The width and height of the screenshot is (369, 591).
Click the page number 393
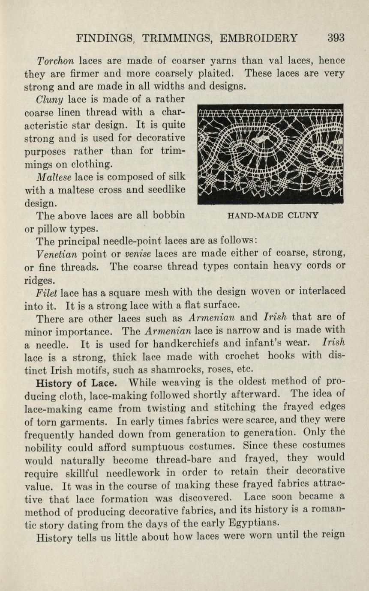click(336, 38)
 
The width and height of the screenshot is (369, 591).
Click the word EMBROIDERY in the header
click(258, 38)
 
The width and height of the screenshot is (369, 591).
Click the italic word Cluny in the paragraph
click(50, 99)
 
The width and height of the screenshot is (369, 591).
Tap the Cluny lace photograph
click(270, 154)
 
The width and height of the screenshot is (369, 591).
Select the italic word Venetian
click(57, 254)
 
